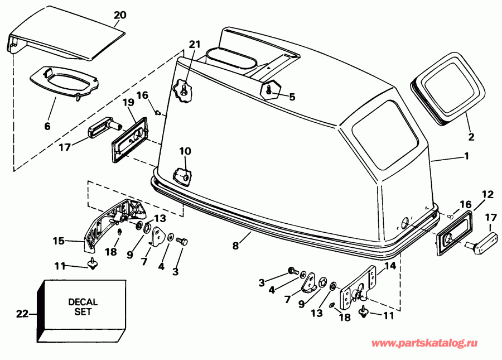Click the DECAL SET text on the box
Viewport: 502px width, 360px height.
click(x=83, y=307)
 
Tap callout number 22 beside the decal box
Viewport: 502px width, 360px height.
click(x=21, y=314)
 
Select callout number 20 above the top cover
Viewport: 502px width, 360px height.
click(x=120, y=15)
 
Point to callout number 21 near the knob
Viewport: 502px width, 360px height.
click(x=194, y=44)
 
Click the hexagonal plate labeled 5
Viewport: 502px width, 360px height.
click(x=271, y=89)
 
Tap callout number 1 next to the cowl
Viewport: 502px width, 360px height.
click(x=466, y=157)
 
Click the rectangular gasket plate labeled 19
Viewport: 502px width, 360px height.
click(x=129, y=138)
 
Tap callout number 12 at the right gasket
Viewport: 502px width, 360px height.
click(x=487, y=194)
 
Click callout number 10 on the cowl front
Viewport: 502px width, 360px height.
click(x=185, y=151)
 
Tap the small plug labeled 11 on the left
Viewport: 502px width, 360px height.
click(x=91, y=262)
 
